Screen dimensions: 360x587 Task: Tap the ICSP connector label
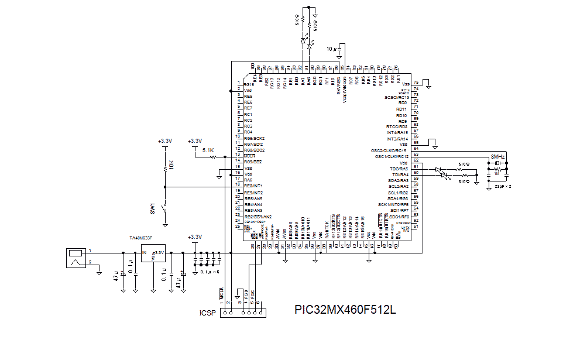[x=208, y=313]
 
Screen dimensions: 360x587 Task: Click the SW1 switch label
[x=153, y=208]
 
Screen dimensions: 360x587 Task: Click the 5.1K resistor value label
[x=208, y=151]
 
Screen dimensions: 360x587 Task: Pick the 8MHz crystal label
[x=498, y=157]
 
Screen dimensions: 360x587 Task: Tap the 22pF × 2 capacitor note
[x=503, y=186]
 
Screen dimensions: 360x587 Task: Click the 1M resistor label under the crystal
[x=497, y=174]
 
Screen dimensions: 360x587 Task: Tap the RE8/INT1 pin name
[x=253, y=186]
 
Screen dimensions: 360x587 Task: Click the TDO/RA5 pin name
[x=400, y=169]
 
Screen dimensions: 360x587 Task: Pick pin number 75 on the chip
[x=416, y=82]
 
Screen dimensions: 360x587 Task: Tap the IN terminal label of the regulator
[x=145, y=253]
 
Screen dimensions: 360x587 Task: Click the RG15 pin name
[x=248, y=84]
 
